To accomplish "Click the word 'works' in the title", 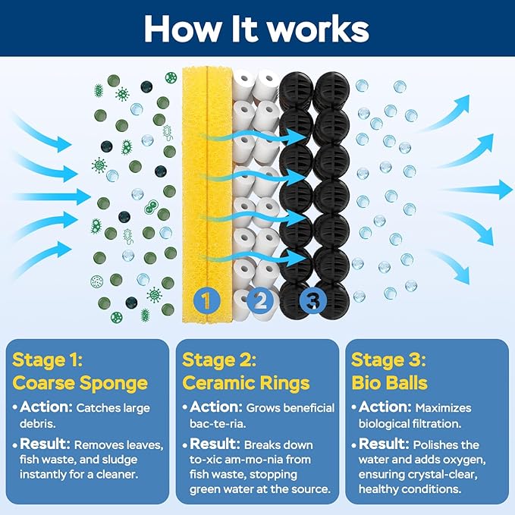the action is point(318,30).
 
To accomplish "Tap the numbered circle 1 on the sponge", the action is point(206,300).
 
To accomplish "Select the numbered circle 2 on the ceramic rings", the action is point(260,300).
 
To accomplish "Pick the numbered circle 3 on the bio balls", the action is point(312,300).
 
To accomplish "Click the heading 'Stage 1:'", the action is point(47,360).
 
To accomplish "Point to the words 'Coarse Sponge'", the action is point(80,383).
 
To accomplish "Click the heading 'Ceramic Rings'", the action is point(246,383).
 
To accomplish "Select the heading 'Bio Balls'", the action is point(390,382).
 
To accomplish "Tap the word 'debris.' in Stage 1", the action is point(38,423).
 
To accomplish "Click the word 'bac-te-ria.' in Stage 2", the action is point(218,423).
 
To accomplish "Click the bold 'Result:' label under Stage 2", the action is point(215,444).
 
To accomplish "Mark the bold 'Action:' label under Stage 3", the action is point(385,407).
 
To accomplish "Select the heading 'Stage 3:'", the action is point(388,360).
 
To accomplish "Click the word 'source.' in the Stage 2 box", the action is point(312,489).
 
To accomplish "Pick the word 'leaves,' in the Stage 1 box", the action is point(145,445).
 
